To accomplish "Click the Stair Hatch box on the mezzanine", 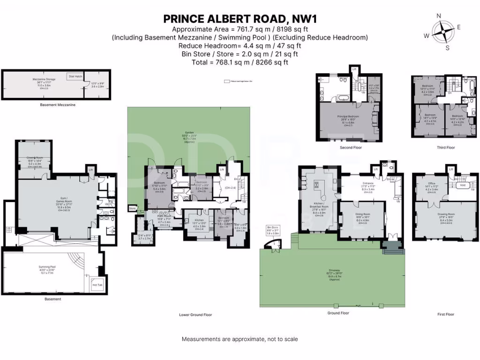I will (x=75, y=75).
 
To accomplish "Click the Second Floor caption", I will (x=351, y=147).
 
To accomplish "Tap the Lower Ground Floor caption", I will (x=195, y=315).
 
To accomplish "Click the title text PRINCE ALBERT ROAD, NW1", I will (x=240, y=19).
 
